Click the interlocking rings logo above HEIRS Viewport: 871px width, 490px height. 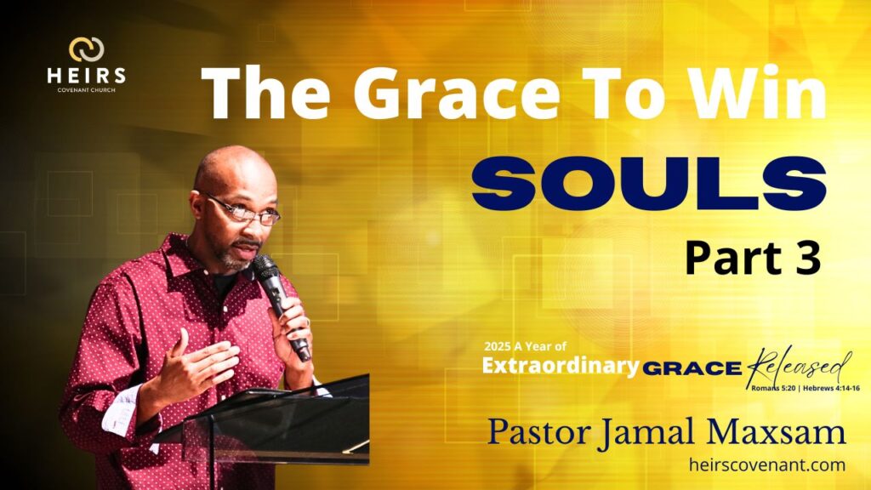[x=86, y=49]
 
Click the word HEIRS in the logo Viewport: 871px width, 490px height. [x=86, y=76]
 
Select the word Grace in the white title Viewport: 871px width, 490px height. [x=457, y=92]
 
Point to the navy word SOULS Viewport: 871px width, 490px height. [x=649, y=184]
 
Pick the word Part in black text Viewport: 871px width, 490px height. [x=732, y=259]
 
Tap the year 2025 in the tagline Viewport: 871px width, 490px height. [x=497, y=347]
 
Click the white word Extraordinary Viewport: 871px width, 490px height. [x=561, y=366]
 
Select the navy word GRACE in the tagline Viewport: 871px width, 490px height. [x=692, y=367]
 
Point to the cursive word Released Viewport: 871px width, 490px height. [x=799, y=367]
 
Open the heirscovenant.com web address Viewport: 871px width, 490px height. [x=767, y=464]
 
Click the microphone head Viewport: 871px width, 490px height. [x=265, y=267]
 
